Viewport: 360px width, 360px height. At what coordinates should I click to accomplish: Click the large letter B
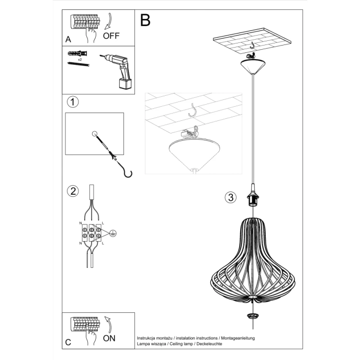pyautogui.click(x=145, y=20)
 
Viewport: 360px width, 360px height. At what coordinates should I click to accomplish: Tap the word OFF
pyautogui.click(x=111, y=36)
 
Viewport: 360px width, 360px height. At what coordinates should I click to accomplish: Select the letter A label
pyautogui.click(x=69, y=39)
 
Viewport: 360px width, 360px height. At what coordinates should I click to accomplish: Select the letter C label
pyautogui.click(x=68, y=342)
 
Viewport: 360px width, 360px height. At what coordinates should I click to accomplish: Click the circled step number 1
pyautogui.click(x=73, y=102)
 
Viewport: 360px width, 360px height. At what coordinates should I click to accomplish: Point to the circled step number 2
pyautogui.click(x=73, y=190)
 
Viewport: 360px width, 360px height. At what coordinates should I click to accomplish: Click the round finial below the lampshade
pyautogui.click(x=254, y=317)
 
